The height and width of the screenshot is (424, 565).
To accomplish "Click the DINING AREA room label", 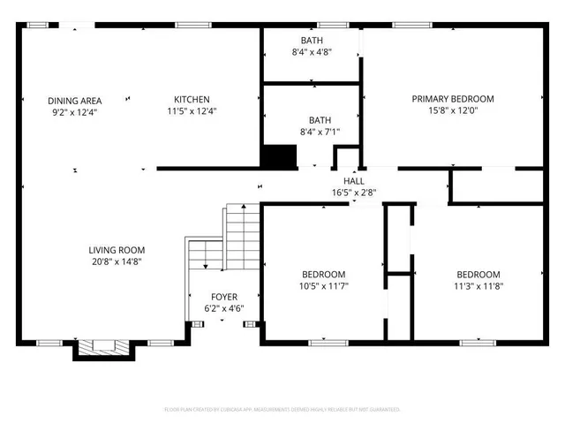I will click(75, 101).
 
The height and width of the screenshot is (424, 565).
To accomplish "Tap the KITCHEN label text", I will click(192, 99).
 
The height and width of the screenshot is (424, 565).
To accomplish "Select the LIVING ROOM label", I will click(117, 250).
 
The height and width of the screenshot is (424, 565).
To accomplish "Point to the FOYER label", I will click(223, 297).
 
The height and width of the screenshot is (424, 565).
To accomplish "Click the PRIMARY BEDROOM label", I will click(453, 99).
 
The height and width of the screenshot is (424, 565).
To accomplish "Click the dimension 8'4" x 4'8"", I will click(312, 53).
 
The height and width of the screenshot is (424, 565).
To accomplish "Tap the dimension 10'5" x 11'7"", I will click(323, 286).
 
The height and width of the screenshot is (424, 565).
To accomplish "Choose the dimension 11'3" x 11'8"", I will click(478, 286).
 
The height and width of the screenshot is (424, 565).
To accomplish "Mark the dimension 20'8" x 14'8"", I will click(117, 261).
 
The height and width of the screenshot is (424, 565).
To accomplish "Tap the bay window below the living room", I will click(104, 349).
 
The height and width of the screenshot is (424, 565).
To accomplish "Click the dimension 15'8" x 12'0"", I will click(453, 110).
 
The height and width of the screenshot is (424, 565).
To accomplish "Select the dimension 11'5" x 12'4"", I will click(192, 110).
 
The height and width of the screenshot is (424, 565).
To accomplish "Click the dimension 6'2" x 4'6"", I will click(223, 308).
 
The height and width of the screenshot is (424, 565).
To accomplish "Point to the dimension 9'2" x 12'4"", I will click(75, 112).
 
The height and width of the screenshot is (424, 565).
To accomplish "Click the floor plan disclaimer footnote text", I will click(282, 410).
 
